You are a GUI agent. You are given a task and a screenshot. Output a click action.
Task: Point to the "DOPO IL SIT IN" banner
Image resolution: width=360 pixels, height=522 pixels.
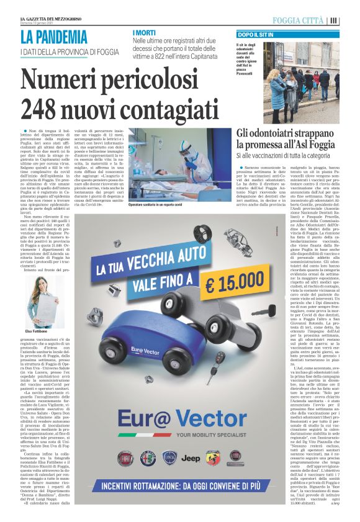(x=259, y=36)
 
